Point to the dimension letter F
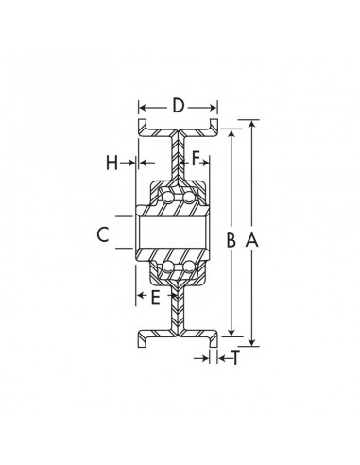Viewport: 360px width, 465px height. [197, 159]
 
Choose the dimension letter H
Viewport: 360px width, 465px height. [112, 163]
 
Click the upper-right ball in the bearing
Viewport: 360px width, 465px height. [190, 196]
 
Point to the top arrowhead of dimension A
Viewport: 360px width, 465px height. [251, 124]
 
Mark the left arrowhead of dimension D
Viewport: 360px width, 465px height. [143, 105]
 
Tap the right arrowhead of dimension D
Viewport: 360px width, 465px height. [215, 105]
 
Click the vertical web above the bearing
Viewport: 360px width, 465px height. [179, 151]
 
